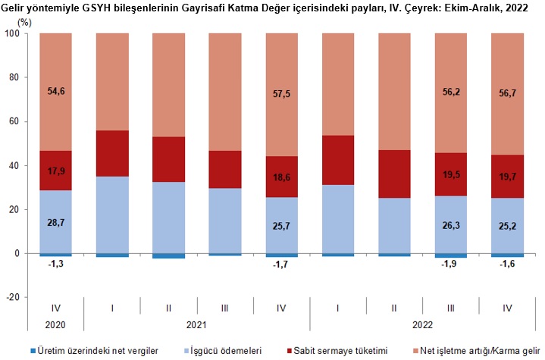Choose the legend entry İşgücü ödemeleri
tap(227, 351)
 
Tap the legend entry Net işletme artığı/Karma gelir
tap(478, 351)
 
